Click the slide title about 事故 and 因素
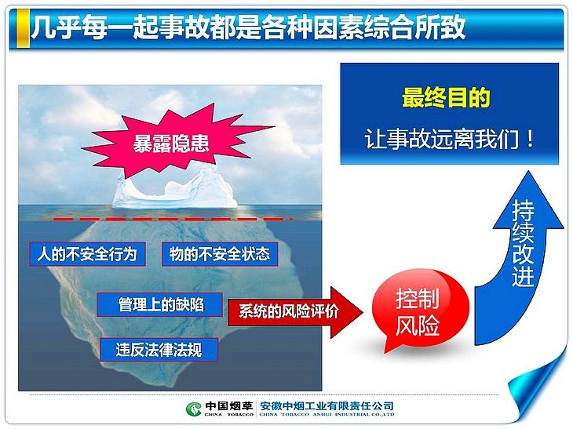248,27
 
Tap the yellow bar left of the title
23,27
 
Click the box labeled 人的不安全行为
87,254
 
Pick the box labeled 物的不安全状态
220,254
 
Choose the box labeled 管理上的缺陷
159,304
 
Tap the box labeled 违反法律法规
159,350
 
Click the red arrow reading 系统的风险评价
295,312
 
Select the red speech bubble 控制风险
419,311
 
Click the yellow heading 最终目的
446,97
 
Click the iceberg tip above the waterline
175,190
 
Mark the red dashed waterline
173,219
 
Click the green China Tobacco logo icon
193,409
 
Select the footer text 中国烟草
228,406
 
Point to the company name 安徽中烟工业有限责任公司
327,406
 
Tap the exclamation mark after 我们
531,139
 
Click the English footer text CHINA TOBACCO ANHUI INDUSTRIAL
327,414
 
